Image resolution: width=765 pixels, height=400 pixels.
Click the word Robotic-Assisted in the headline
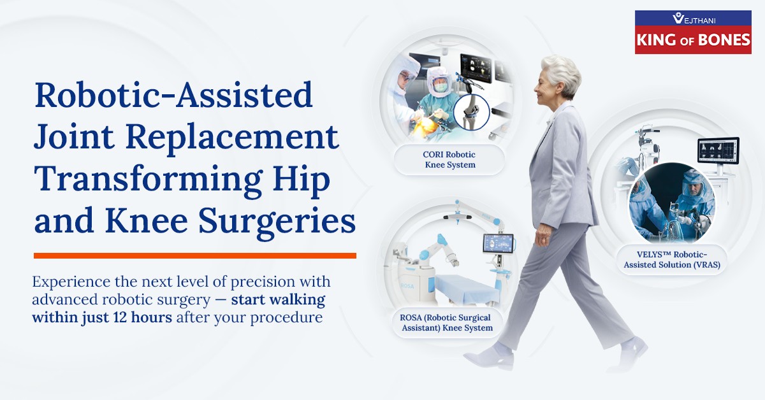(173, 94)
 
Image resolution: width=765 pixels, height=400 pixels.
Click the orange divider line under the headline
(194, 255)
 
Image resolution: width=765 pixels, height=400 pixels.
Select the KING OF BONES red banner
(693, 40)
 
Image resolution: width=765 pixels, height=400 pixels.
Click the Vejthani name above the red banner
(694, 18)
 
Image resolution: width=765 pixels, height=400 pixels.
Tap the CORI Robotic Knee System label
(449, 160)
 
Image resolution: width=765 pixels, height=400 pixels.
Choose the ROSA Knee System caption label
(447, 323)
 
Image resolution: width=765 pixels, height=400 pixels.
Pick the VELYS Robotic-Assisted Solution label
(672, 260)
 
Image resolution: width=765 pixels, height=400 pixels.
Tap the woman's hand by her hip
(543, 236)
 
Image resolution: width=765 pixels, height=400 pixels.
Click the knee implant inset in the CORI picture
(472, 112)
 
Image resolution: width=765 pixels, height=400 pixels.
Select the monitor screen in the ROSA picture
(499, 244)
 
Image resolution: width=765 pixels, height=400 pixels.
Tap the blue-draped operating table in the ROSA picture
(466, 289)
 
